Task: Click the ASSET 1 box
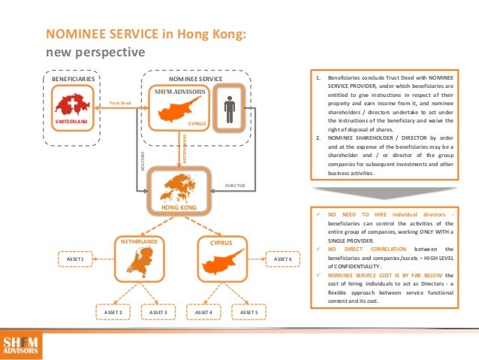(x=75, y=259)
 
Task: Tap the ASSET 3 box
(x=158, y=310)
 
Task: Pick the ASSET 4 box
(x=203, y=310)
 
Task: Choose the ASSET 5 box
(x=249, y=310)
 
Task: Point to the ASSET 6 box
(x=282, y=259)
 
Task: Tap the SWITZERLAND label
(x=71, y=119)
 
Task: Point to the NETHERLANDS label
(x=140, y=243)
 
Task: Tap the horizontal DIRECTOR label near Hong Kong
(x=235, y=184)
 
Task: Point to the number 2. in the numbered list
(x=318, y=138)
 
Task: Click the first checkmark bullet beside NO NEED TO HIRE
(x=319, y=214)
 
